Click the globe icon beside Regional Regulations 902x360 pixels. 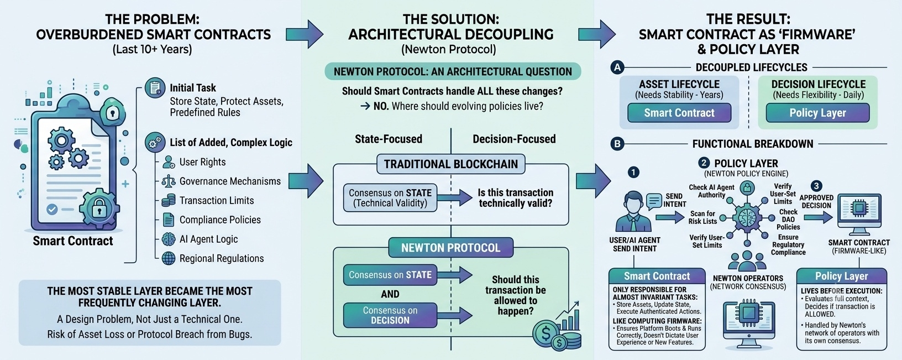tap(169, 258)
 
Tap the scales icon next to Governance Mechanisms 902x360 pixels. tap(169, 181)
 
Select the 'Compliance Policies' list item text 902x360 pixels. tap(220, 220)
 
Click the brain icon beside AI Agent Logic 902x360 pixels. tap(169, 239)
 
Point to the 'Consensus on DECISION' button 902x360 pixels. tap(390, 315)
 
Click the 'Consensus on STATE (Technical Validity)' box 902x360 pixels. tap(390, 198)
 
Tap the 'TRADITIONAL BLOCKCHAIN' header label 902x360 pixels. tap(450, 164)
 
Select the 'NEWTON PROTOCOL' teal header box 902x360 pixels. tap(450, 248)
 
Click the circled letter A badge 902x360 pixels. tap(617, 67)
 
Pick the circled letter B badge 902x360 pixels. tap(617, 144)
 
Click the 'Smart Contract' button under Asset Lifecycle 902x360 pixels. tap(679, 113)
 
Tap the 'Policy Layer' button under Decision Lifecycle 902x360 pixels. tap(817, 113)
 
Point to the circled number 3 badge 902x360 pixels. tap(816, 186)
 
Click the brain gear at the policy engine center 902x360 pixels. tap(747, 218)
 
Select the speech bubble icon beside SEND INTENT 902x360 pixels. tap(654, 201)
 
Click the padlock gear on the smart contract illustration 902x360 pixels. tap(99, 208)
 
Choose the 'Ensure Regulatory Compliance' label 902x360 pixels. tap(788, 245)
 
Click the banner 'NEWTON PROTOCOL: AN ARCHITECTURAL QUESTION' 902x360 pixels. tap(453, 72)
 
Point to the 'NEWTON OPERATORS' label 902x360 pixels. tap(748, 278)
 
